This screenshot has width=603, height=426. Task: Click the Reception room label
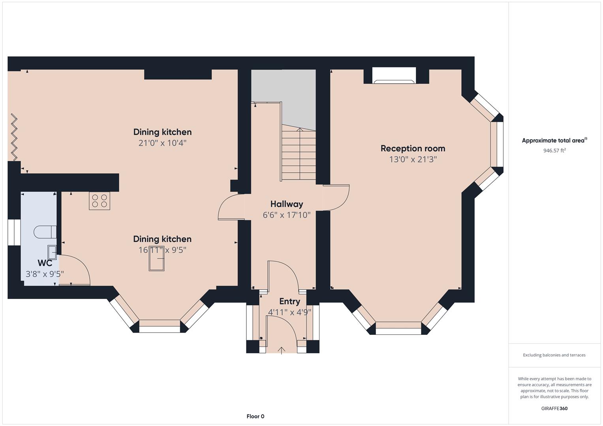click(413, 148)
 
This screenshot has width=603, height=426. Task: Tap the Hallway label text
click(287, 204)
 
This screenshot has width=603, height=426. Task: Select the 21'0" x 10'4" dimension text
click(162, 143)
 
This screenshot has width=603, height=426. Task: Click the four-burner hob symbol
click(99, 201)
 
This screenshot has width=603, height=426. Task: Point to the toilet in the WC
click(45, 232)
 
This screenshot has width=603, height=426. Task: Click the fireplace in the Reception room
click(394, 76)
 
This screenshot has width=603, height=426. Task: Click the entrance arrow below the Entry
click(282, 350)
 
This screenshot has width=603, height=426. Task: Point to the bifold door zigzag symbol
click(14, 137)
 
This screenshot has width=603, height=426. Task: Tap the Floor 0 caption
click(255, 416)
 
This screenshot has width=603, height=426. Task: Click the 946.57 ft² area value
click(554, 150)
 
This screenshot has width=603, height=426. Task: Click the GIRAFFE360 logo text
click(554, 408)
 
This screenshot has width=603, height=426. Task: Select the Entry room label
click(289, 301)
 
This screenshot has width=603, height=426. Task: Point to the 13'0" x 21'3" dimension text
click(413, 159)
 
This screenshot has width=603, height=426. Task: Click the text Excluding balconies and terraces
click(554, 355)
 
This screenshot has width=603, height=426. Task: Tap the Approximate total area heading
click(554, 140)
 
